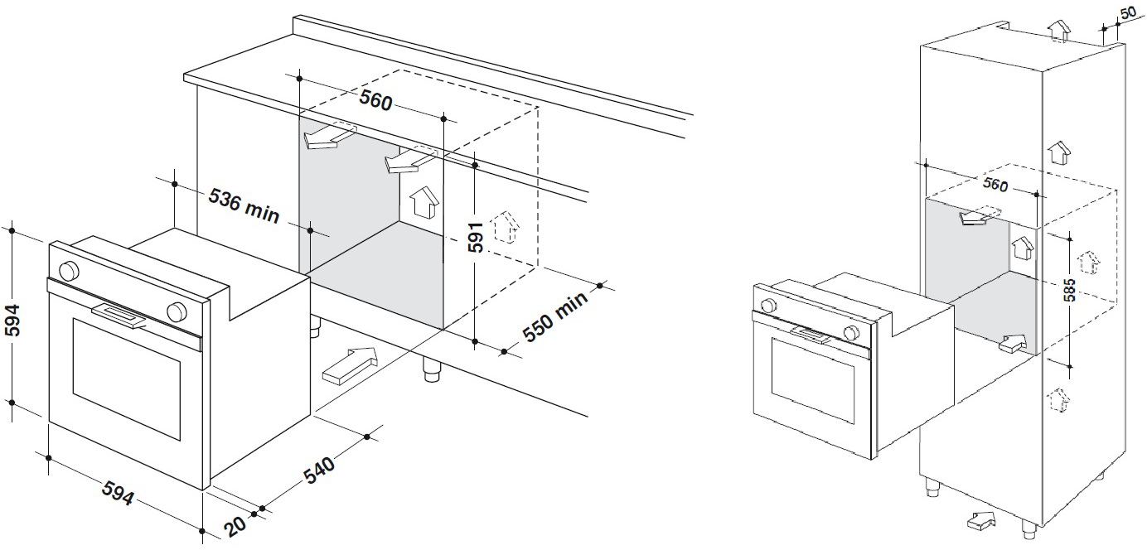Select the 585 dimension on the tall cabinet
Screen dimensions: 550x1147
coord(1070,289)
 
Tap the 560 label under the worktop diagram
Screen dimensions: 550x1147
coord(375,102)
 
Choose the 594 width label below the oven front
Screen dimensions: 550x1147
coord(118,495)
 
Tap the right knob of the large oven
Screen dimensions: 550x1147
coord(176,311)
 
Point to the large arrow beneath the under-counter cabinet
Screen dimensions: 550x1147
coord(349,365)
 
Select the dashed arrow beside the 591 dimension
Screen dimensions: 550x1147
coord(505,227)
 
